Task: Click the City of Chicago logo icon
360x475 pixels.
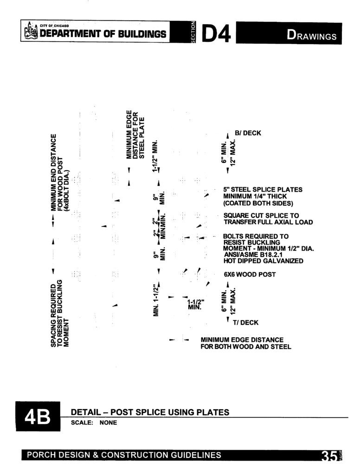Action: point(31,31)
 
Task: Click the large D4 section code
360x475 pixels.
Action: point(216,33)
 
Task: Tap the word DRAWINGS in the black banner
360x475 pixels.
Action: point(311,35)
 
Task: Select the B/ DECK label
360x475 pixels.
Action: point(248,133)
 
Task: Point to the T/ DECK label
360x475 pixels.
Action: point(245,323)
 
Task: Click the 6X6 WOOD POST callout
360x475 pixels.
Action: point(250,275)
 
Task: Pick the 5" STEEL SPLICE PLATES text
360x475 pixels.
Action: point(263,190)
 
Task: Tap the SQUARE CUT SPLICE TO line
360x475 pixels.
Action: point(261,216)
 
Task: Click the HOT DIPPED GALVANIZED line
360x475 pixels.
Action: point(264,261)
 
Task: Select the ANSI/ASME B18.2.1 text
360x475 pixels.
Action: point(253,255)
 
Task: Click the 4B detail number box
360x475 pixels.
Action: point(38,416)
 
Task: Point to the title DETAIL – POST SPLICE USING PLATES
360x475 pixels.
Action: point(150,412)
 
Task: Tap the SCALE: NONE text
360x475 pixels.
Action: point(94,423)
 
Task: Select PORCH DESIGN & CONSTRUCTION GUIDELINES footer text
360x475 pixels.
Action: point(124,455)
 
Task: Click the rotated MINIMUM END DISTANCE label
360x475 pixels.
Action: point(60,173)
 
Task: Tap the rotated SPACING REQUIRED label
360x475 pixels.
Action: point(60,313)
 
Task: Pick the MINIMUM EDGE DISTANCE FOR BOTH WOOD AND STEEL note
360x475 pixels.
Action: point(246,343)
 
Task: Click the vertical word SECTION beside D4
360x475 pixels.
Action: point(193,32)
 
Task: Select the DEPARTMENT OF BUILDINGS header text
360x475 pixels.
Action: point(103,33)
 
